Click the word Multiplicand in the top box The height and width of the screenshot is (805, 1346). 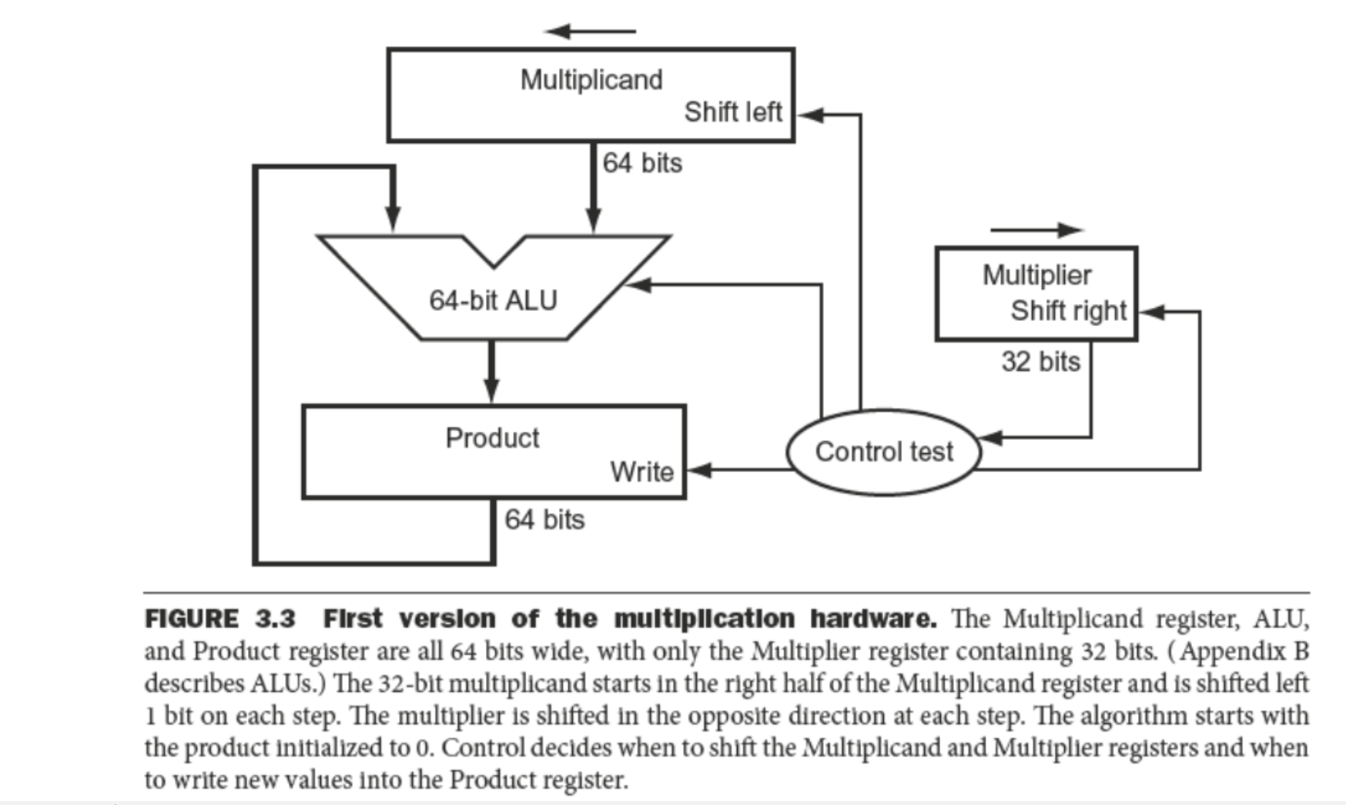click(x=591, y=80)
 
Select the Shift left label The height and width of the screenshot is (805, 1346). click(x=732, y=112)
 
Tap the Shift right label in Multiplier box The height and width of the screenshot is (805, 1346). click(x=1068, y=311)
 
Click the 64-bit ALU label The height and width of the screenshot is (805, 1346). click(x=493, y=300)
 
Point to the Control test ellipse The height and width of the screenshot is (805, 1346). click(x=883, y=452)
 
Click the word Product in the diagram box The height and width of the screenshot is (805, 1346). click(x=492, y=438)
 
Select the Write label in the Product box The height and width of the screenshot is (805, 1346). click(x=641, y=472)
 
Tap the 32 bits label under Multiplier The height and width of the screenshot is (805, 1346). click(x=1040, y=362)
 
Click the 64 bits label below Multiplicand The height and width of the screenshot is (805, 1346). click(x=641, y=163)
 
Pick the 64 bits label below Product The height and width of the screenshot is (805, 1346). click(x=544, y=520)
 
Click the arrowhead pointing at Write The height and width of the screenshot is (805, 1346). click(x=699, y=469)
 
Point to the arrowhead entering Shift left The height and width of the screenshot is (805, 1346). click(x=809, y=115)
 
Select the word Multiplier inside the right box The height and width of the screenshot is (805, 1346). click(x=1036, y=276)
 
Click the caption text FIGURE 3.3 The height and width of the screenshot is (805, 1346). click(x=220, y=620)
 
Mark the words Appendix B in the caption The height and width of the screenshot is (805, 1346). click(x=1244, y=652)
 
